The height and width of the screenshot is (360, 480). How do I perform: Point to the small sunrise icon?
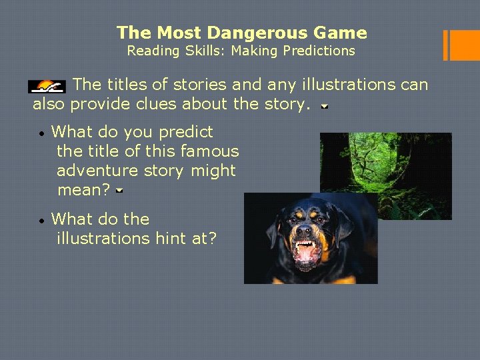point(47,86)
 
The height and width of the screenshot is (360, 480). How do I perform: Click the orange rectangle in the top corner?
point(461,45)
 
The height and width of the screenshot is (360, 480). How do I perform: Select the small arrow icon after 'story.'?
point(324,106)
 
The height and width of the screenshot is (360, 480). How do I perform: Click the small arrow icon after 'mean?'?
point(118,191)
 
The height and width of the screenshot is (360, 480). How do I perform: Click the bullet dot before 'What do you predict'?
point(41,133)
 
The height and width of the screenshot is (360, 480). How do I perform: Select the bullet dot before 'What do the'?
point(41,220)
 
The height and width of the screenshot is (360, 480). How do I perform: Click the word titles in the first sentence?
point(127,85)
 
